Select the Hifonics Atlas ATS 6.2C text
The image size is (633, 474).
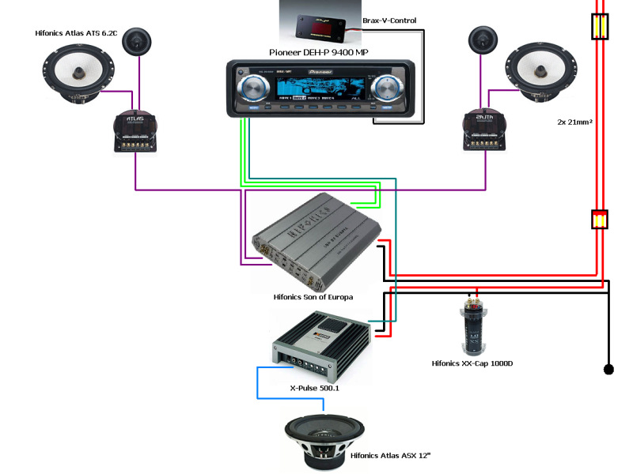pos(76,33)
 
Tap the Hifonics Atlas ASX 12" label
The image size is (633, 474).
pos(390,456)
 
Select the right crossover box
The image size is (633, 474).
pos(485,130)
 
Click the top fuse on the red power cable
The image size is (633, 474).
pos(600,28)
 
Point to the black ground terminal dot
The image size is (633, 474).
pos(608,369)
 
